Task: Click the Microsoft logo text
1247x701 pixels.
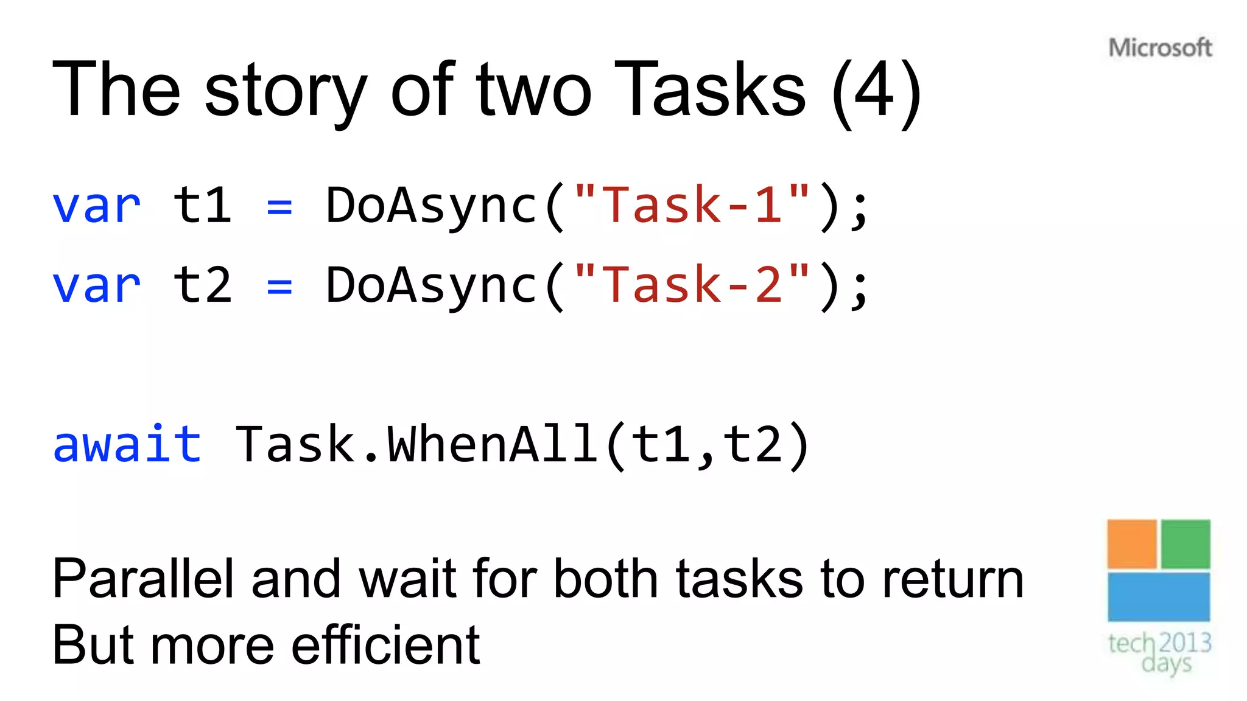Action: tap(1160, 47)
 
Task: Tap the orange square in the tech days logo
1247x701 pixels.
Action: tap(1131, 543)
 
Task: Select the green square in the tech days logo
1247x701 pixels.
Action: tap(1185, 543)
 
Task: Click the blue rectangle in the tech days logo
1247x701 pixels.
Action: tap(1158, 597)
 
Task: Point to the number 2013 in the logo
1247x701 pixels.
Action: tap(1185, 643)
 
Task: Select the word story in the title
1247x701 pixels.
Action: tap(286, 91)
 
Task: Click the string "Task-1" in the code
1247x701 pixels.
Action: tap(692, 205)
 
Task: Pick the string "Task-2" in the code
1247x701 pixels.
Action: tap(692, 285)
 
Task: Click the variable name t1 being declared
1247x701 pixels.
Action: tap(203, 205)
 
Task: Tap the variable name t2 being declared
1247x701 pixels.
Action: tap(203, 285)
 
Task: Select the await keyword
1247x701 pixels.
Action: tap(127, 444)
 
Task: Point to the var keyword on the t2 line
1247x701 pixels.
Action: tap(96, 285)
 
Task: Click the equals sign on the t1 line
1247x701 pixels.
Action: tap(279, 208)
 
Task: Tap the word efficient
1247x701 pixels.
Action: tap(385, 644)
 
